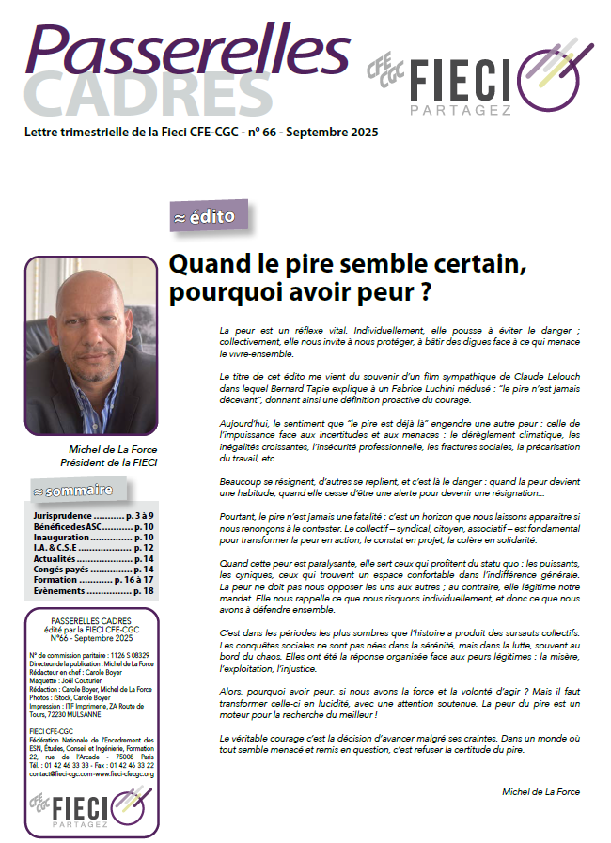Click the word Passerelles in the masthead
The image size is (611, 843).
pos(174,47)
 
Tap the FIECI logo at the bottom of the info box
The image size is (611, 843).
pos(89,809)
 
